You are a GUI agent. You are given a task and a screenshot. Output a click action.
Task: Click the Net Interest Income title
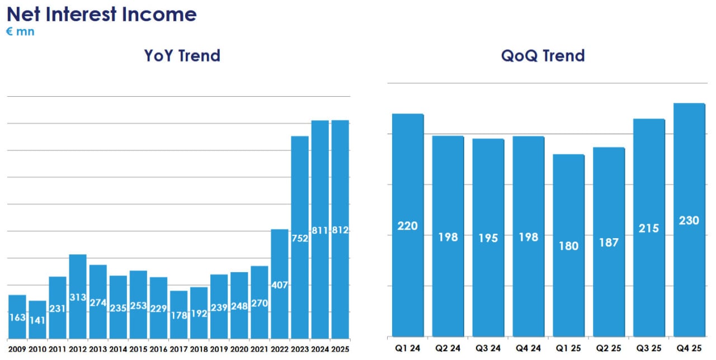[x=101, y=14]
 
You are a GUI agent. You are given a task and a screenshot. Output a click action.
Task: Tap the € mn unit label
[x=20, y=32]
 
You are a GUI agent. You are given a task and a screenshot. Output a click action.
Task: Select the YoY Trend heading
[x=182, y=56]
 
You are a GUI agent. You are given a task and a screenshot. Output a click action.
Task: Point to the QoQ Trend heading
[x=543, y=56]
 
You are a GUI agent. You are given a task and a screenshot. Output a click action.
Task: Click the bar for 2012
[x=78, y=296]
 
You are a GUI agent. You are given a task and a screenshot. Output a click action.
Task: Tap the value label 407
[x=279, y=285]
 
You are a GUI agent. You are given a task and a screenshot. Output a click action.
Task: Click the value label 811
[x=320, y=230]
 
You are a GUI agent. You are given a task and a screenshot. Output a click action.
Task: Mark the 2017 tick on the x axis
[x=178, y=349]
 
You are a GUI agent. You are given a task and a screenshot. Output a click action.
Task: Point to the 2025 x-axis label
[x=340, y=349]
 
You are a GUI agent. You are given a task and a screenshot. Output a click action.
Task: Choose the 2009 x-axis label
[x=17, y=349]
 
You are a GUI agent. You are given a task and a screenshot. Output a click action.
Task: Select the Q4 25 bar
[x=689, y=220]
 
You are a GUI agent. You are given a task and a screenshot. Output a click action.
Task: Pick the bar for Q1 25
[x=568, y=245]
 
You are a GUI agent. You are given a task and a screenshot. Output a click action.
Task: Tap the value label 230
[x=689, y=221]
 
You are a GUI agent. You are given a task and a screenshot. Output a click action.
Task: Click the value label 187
[x=609, y=242]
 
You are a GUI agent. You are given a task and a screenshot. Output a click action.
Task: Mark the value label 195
[x=488, y=238]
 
